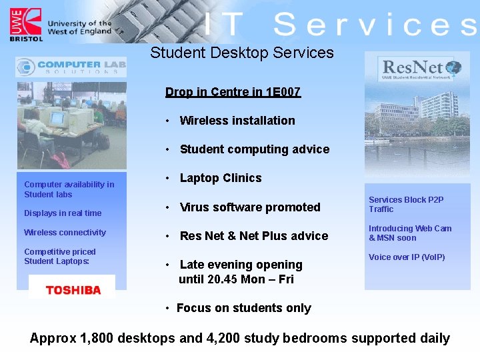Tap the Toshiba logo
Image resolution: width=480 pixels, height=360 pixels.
coord(73,290)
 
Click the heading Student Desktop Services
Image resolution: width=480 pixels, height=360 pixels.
coord(241,53)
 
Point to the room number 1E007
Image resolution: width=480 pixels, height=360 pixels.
coord(283,92)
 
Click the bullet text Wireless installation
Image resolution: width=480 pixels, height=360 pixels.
coord(237,121)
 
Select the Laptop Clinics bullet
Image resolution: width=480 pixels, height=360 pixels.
coord(220,178)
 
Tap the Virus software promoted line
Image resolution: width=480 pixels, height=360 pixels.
coord(250,207)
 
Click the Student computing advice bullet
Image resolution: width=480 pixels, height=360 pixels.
coord(254,149)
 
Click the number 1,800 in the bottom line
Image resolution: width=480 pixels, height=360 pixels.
coord(97,338)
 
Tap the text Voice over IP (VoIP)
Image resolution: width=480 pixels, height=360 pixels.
coord(407,257)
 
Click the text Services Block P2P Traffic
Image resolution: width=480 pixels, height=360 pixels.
coord(405,204)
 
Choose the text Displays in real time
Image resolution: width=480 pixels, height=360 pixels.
coord(63,213)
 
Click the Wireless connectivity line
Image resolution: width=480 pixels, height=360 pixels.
coord(65,233)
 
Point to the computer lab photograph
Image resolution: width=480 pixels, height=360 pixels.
coord(71,125)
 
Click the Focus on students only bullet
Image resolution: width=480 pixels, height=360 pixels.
coord(243,308)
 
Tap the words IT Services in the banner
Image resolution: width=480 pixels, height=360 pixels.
coord(340,25)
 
